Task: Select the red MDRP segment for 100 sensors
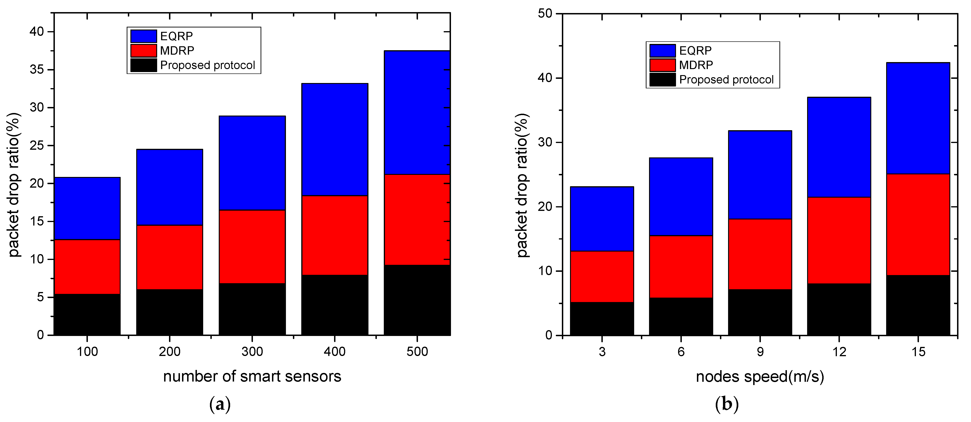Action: pos(87,267)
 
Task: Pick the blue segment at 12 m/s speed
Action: pos(839,147)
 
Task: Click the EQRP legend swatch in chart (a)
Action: pos(144,36)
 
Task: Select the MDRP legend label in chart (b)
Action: pos(696,65)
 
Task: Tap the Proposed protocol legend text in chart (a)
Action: pos(207,65)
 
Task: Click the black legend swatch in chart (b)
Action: pos(662,80)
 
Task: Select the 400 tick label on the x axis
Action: pos(334,352)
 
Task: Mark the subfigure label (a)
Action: pos(219,404)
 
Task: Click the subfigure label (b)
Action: pos(726,404)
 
